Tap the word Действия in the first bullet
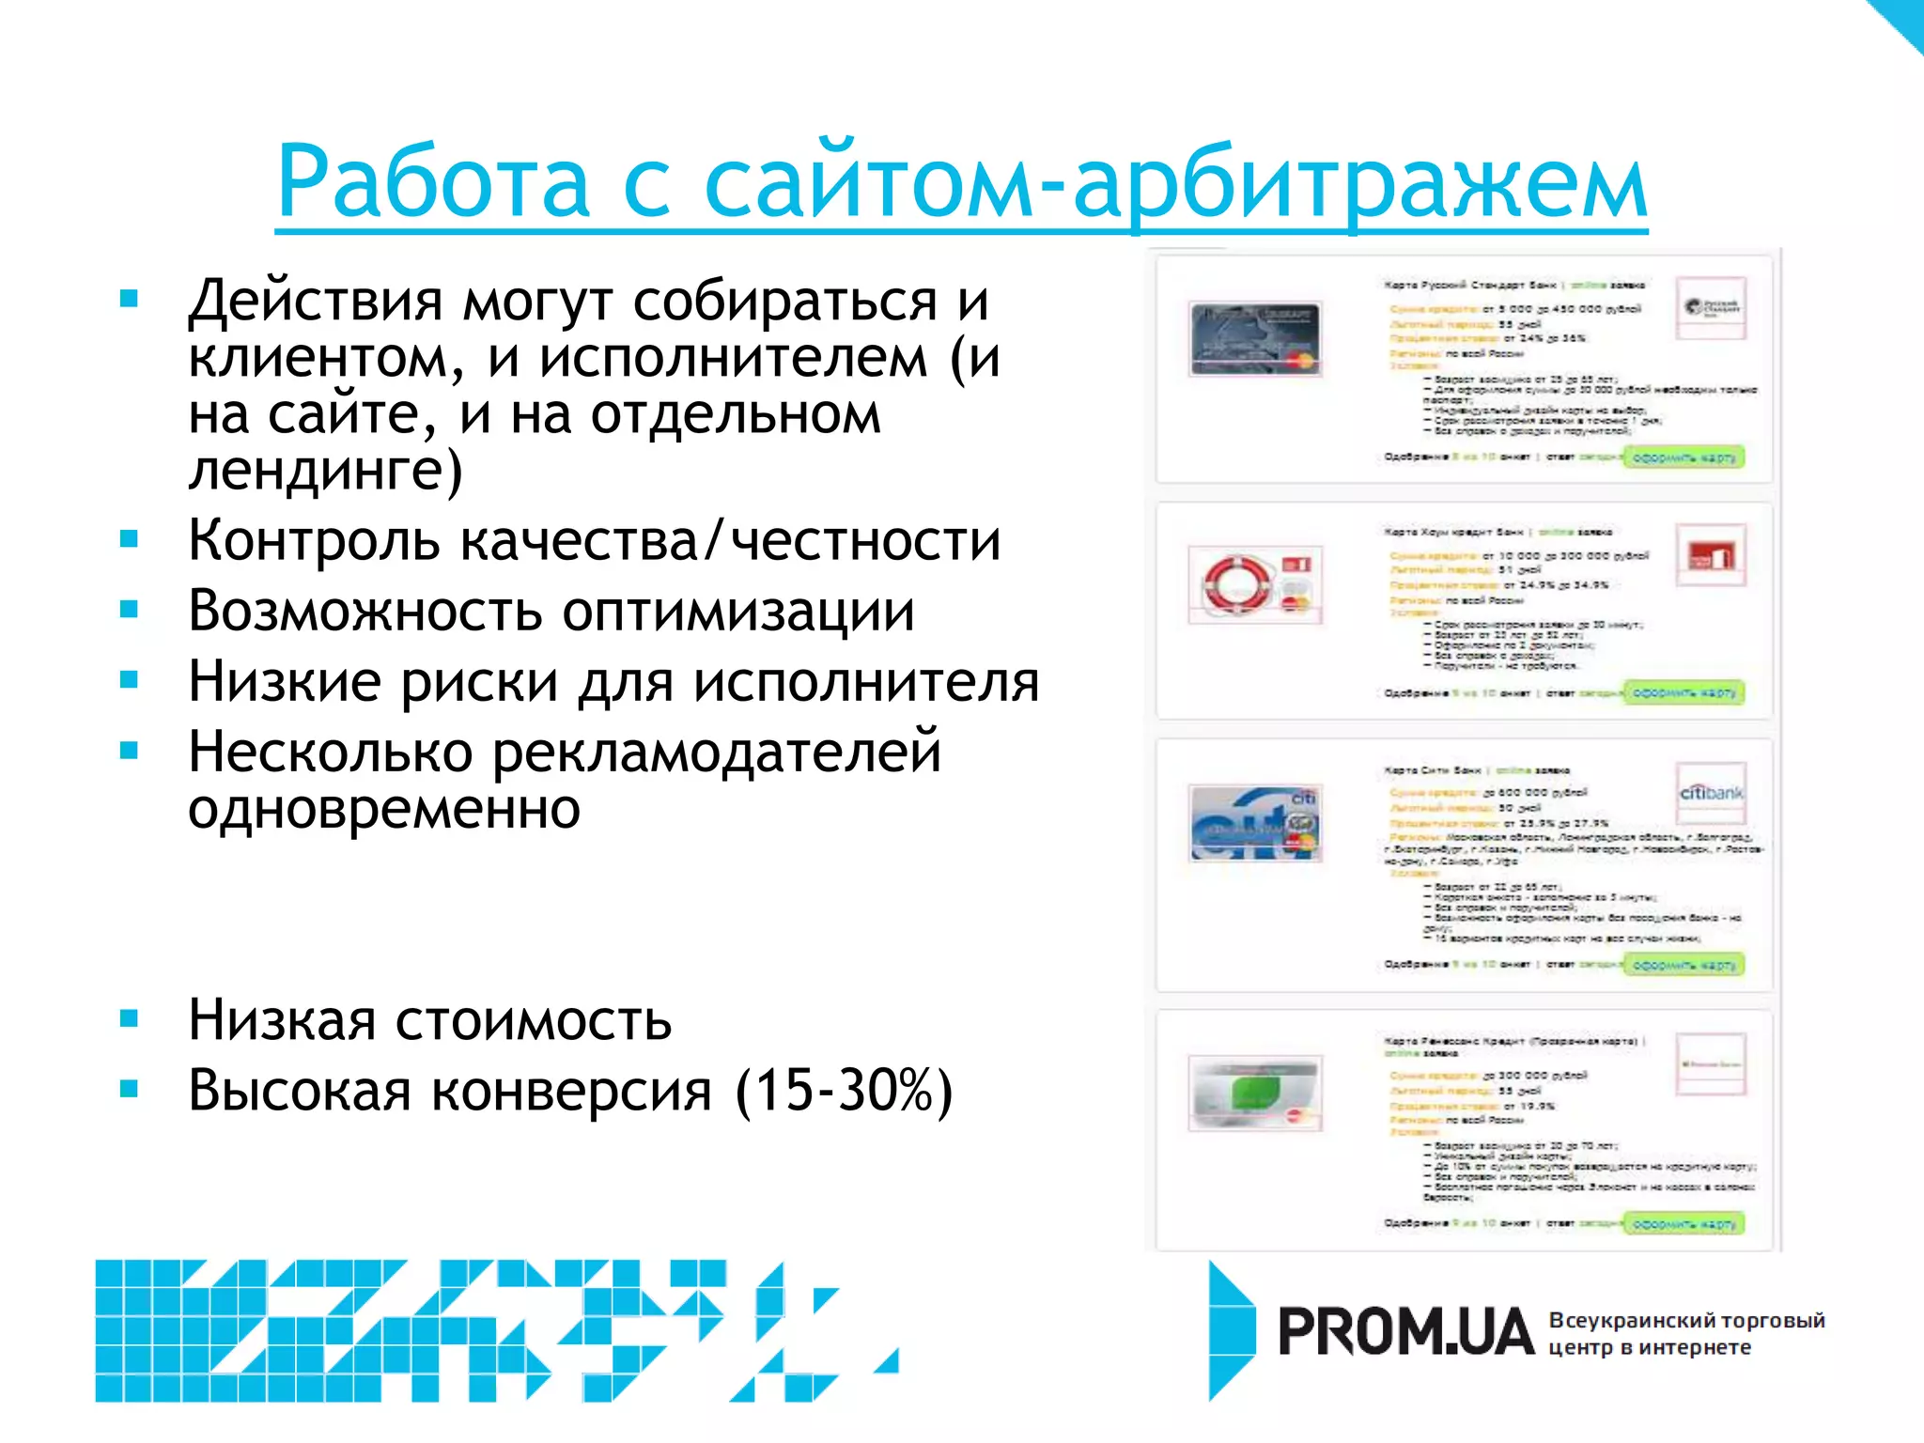click(315, 303)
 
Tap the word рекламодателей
click(716, 753)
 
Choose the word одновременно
click(383, 810)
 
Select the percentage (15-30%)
click(844, 1092)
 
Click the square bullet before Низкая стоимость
click(130, 1018)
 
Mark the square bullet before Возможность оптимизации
click(130, 610)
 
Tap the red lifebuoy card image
click(1255, 584)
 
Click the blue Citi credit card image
click(1255, 824)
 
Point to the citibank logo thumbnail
click(1711, 794)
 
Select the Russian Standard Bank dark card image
click(1255, 338)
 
